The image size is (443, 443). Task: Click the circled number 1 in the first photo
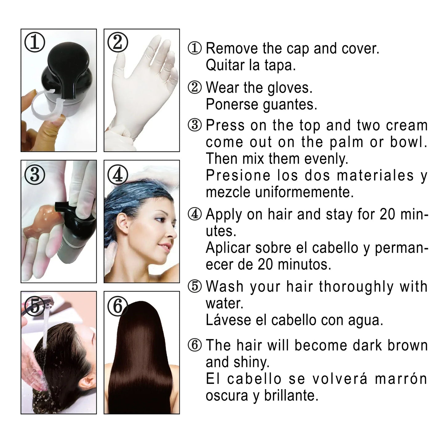tap(35, 42)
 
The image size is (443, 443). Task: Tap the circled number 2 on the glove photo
tap(118, 42)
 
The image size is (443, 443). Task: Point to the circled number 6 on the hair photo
tap(118, 306)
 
